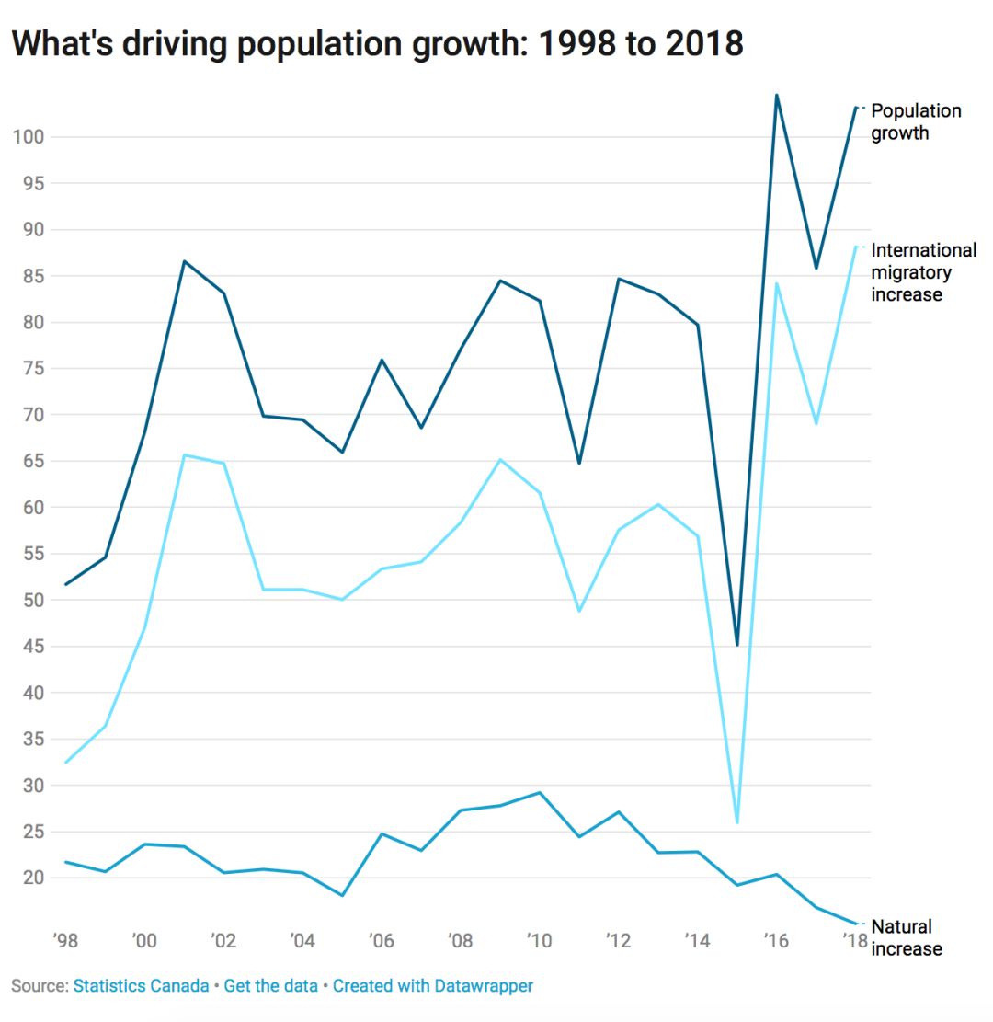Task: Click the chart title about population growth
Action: pyautogui.click(x=377, y=43)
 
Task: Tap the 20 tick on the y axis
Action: pyautogui.click(x=31, y=878)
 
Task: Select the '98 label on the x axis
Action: pyautogui.click(x=65, y=940)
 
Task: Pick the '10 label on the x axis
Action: pyautogui.click(x=539, y=940)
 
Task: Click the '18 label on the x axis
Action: pyautogui.click(x=854, y=940)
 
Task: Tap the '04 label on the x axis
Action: pyautogui.click(x=302, y=940)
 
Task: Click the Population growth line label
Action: pyautogui.click(x=916, y=121)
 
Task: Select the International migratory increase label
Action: pyautogui.click(x=923, y=272)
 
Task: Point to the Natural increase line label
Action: pyautogui.click(x=906, y=937)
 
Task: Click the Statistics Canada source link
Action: pyautogui.click(x=141, y=986)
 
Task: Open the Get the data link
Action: pyautogui.click(x=270, y=986)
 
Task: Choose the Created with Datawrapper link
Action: pyautogui.click(x=432, y=986)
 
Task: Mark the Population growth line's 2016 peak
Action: pyautogui.click(x=776, y=95)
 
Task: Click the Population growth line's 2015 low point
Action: pyautogui.click(x=736, y=645)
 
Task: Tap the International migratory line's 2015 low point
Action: pyautogui.click(x=736, y=822)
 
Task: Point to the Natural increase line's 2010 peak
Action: pyautogui.click(x=539, y=792)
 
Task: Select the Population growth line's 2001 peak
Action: pyautogui.click(x=184, y=261)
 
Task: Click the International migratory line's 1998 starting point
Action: pyautogui.click(x=66, y=763)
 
